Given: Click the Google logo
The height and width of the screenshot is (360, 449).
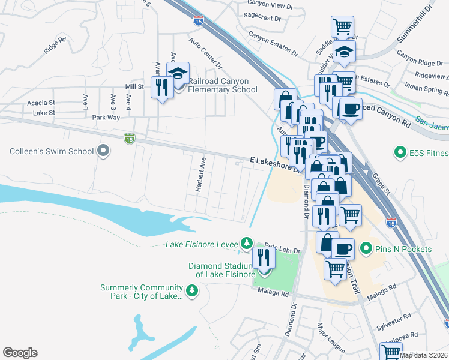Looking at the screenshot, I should coord(20,353).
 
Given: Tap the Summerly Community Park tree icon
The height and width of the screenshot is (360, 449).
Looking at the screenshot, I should coord(191,291).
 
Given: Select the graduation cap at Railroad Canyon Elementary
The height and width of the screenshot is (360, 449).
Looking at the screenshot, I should coord(178,73).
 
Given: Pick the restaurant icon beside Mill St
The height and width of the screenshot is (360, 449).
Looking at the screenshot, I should coord(160,88).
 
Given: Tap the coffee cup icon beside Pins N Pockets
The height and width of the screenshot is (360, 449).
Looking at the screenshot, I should coord(343,248).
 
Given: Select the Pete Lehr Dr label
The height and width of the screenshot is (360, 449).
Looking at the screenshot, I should coord(280,247).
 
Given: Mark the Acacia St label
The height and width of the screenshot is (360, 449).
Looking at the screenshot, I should coord(41,103).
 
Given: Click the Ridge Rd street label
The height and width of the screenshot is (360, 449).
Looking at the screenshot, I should coord(55,47).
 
